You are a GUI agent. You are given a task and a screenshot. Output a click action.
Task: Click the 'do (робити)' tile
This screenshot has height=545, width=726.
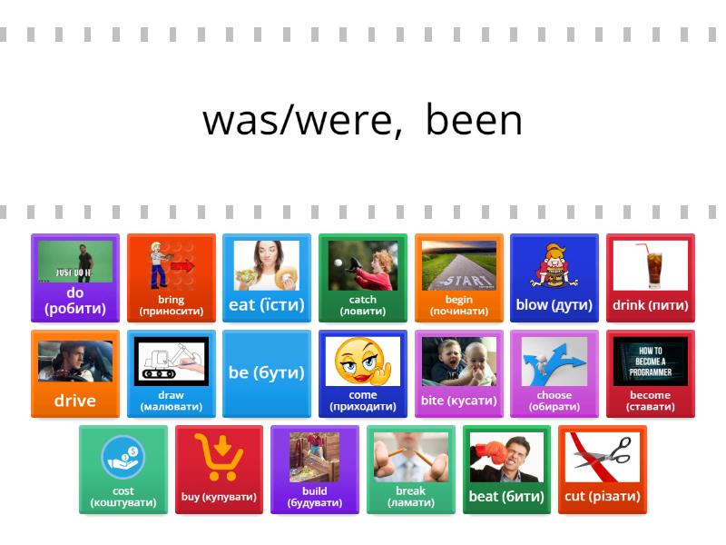(75, 278)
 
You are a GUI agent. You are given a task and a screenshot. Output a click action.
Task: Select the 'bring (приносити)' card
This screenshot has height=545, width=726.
(171, 278)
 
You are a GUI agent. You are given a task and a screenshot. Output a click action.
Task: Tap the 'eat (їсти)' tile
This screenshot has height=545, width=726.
(267, 278)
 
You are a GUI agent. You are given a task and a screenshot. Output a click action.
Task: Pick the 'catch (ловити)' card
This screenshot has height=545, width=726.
(362, 278)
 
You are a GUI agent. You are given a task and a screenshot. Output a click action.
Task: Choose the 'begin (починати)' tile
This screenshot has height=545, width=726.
(458, 278)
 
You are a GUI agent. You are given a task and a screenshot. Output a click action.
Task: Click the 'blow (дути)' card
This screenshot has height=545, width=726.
(554, 278)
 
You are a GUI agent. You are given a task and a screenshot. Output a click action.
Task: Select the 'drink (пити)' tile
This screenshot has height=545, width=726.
(650, 278)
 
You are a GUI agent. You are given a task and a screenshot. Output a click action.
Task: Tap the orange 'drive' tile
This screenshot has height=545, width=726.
(75, 373)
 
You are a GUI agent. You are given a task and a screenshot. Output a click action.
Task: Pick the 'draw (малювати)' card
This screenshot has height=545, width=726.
(171, 373)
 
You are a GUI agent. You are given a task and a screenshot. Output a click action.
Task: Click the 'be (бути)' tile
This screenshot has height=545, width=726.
(267, 373)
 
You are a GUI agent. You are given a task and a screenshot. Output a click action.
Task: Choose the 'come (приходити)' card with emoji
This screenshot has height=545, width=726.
(362, 373)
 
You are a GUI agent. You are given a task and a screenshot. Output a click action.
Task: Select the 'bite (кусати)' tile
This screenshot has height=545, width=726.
(458, 373)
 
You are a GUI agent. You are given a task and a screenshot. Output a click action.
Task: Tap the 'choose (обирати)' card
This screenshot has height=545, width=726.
(554, 373)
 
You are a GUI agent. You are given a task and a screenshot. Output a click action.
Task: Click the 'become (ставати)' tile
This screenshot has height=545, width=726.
(650, 373)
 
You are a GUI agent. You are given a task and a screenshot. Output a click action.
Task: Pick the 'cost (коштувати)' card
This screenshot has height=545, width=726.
(123, 470)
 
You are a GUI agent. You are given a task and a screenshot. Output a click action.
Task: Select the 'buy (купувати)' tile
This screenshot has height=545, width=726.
(219, 470)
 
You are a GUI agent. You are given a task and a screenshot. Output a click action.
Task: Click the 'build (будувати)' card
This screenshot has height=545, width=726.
(315, 470)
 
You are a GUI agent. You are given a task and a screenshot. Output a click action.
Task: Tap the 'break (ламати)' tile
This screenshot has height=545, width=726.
(410, 470)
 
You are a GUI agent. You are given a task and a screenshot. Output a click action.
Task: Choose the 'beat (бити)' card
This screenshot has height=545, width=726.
(506, 470)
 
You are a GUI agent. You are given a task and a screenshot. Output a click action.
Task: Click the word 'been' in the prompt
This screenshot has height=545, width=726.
(474, 121)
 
